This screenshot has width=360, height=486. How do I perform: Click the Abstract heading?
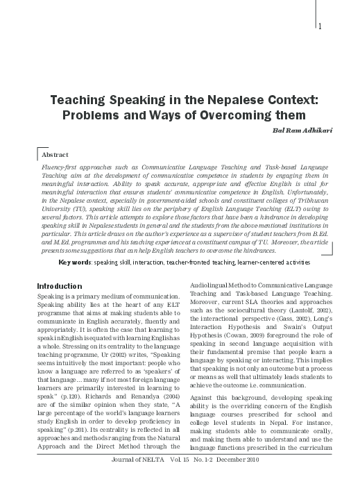55,158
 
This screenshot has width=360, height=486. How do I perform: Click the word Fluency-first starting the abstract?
60,168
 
